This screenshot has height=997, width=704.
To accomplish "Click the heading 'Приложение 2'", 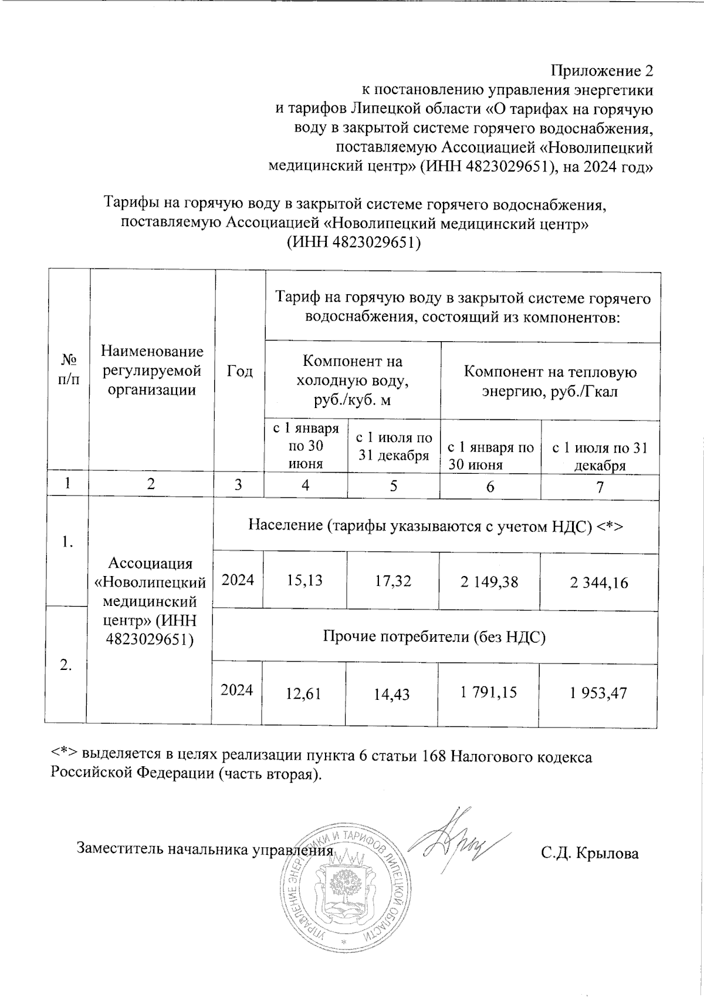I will pyautogui.click(x=601, y=71).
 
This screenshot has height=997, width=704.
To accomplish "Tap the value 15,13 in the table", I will pyautogui.click(x=304, y=581).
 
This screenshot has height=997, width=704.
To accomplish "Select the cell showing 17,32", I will pyautogui.click(x=393, y=581).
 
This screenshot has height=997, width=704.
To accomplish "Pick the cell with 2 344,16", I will pyautogui.click(x=598, y=582).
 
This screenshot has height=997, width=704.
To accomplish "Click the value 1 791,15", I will pyautogui.click(x=488, y=693).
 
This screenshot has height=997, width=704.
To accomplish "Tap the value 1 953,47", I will pyautogui.click(x=598, y=693).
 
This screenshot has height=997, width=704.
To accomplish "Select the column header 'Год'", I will pyautogui.click(x=239, y=371).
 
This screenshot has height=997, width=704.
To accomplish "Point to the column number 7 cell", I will pyautogui.click(x=599, y=487).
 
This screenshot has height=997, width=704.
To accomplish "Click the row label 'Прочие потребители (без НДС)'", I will pyautogui.click(x=435, y=637).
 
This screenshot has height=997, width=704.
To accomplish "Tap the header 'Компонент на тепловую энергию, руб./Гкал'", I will pyautogui.click(x=550, y=382).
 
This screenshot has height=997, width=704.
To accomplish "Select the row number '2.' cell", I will pyautogui.click(x=66, y=664).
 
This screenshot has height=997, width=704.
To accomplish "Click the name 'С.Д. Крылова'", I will pyautogui.click(x=590, y=853).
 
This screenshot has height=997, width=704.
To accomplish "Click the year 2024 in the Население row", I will pyautogui.click(x=238, y=580).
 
